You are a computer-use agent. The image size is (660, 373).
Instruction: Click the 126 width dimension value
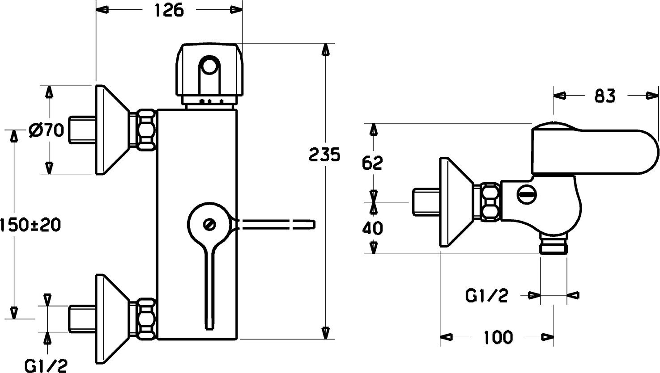click(169, 10)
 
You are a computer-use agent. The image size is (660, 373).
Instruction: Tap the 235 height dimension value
click(324, 155)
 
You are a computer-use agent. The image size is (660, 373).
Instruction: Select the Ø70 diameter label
click(46, 131)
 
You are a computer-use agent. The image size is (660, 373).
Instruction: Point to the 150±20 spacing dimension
click(30, 224)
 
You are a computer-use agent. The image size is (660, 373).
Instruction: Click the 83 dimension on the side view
click(605, 96)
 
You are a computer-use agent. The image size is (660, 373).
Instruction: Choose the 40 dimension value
click(372, 228)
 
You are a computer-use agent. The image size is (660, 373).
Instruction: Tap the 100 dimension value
click(498, 337)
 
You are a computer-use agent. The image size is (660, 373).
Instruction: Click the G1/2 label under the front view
click(46, 365)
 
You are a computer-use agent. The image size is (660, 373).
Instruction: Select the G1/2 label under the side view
click(487, 295)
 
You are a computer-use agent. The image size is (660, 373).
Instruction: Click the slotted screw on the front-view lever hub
click(209, 224)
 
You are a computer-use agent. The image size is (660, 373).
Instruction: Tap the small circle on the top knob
click(208, 67)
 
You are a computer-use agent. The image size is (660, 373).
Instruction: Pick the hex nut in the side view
click(490, 201)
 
